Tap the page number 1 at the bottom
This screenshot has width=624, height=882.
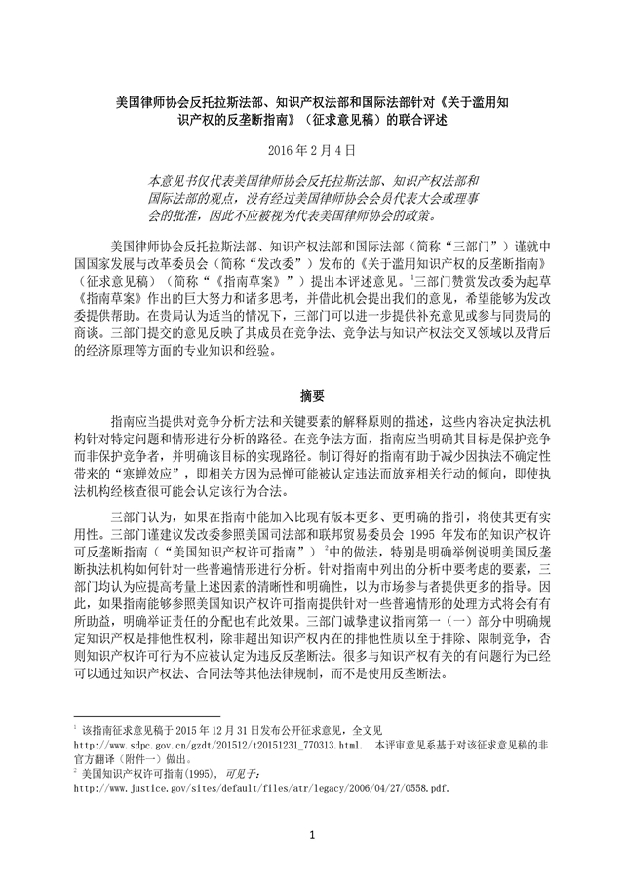coord(312,834)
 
